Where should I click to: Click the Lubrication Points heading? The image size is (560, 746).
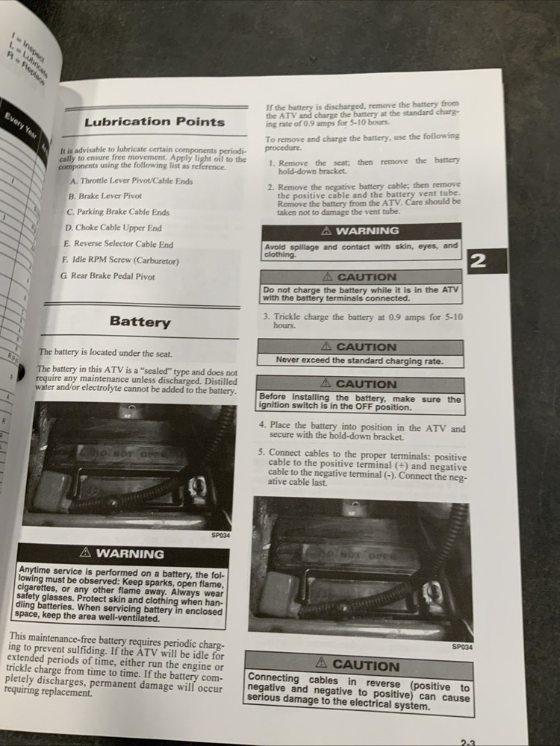click(x=154, y=122)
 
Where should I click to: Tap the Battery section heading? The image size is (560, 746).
click(x=140, y=322)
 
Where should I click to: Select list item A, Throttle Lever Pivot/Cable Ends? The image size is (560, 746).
click(x=131, y=181)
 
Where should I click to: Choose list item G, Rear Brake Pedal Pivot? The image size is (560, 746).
click(x=108, y=276)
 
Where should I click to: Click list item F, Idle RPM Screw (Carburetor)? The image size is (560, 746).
click(x=119, y=260)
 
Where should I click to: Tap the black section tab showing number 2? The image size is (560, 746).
click(x=479, y=261)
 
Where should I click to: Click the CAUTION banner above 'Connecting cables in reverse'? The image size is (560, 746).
click(x=358, y=664)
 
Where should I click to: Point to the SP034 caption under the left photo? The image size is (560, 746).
click(x=221, y=534)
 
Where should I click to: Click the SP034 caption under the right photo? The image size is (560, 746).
click(x=461, y=648)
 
